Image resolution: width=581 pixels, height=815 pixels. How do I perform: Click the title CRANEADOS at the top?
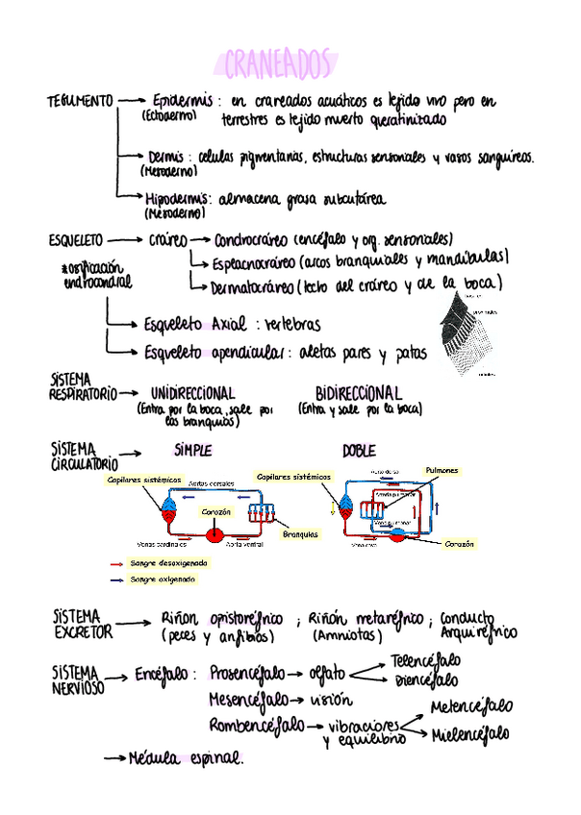click(277, 64)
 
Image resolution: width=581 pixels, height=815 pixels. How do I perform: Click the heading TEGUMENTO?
click(80, 102)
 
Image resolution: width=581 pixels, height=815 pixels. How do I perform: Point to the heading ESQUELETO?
click(76, 240)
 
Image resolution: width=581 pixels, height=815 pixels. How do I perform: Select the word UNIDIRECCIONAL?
click(192, 393)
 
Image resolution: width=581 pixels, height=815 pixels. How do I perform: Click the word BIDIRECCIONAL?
click(358, 393)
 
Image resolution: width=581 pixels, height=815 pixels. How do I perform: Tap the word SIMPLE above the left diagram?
click(193, 450)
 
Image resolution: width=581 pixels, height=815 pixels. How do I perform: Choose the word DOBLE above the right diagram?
click(359, 450)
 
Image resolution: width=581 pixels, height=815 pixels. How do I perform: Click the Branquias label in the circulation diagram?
click(300, 534)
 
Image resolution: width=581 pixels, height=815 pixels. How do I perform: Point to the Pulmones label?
click(442, 470)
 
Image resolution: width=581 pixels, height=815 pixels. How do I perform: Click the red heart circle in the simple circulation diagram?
click(215, 533)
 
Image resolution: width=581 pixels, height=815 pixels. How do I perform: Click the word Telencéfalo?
click(425, 661)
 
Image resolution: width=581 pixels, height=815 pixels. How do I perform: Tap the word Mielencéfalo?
click(470, 734)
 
